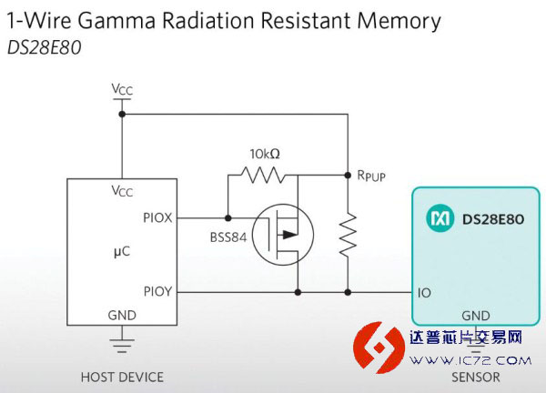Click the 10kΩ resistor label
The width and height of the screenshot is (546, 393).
(x=265, y=154)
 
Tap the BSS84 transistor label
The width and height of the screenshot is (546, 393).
(x=228, y=237)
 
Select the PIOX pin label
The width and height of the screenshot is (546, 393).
(x=157, y=218)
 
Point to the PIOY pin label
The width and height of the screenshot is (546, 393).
(x=157, y=291)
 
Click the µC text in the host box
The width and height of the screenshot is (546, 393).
(x=122, y=252)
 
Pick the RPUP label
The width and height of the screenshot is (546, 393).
(x=371, y=176)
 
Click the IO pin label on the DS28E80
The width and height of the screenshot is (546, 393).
(x=424, y=293)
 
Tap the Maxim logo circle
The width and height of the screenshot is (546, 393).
(x=440, y=218)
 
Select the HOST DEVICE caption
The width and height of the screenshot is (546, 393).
(x=122, y=378)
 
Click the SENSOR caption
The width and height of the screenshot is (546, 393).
(x=476, y=378)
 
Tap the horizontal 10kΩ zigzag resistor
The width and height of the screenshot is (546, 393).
(x=263, y=175)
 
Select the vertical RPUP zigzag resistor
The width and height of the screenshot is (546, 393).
(x=348, y=236)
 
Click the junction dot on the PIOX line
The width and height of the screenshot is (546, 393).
(x=228, y=218)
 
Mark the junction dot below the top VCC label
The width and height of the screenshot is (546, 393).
(x=122, y=114)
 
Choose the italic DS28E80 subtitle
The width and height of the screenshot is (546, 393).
(x=45, y=47)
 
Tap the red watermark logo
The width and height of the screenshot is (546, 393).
(x=379, y=348)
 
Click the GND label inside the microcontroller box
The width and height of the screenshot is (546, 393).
(x=122, y=316)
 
